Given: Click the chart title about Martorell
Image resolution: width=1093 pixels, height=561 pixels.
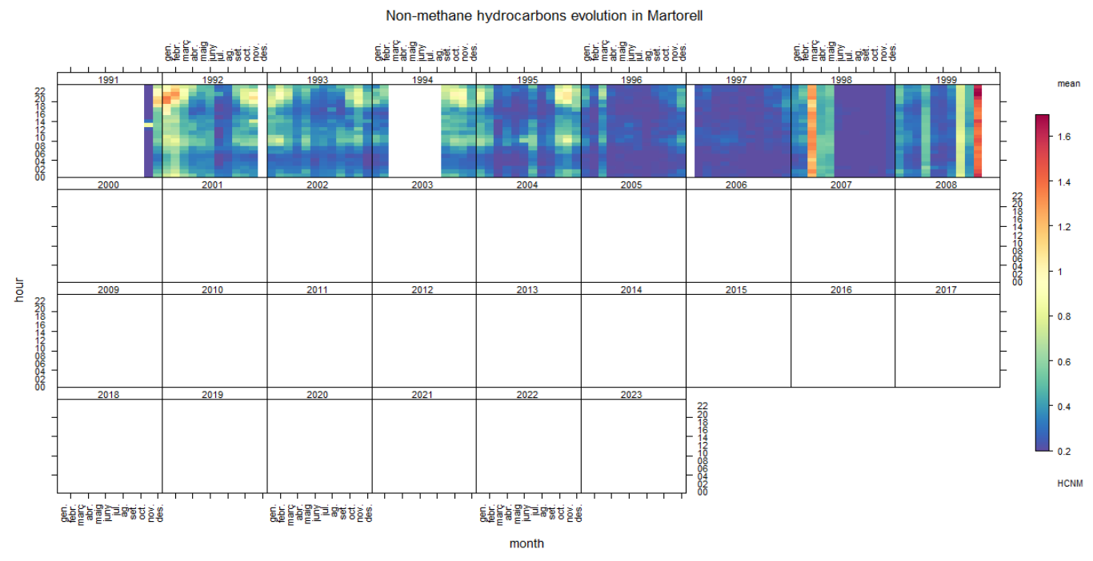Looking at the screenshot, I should click(x=544, y=15).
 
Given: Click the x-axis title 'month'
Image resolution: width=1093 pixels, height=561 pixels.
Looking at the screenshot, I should click(x=526, y=543).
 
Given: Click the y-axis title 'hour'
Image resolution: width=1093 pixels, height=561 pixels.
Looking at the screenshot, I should click(x=19, y=289).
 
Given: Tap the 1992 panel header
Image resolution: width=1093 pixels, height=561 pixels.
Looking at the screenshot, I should click(x=213, y=80).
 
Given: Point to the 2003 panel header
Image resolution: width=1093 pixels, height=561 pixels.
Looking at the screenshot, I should click(x=422, y=185).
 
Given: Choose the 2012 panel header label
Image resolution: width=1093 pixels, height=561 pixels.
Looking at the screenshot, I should click(x=422, y=289).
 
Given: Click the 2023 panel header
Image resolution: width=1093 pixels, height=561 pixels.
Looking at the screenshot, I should click(x=632, y=395).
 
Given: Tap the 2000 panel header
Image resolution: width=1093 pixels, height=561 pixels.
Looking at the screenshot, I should click(x=108, y=185).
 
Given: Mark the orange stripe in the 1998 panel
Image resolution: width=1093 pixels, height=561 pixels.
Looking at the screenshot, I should click(x=812, y=130).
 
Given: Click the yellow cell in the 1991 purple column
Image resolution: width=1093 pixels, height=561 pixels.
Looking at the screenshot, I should click(x=148, y=124).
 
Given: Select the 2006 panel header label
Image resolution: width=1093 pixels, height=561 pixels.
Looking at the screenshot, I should click(x=736, y=185).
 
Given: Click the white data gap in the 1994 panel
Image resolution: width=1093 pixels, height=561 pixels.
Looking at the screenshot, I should click(x=414, y=130).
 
